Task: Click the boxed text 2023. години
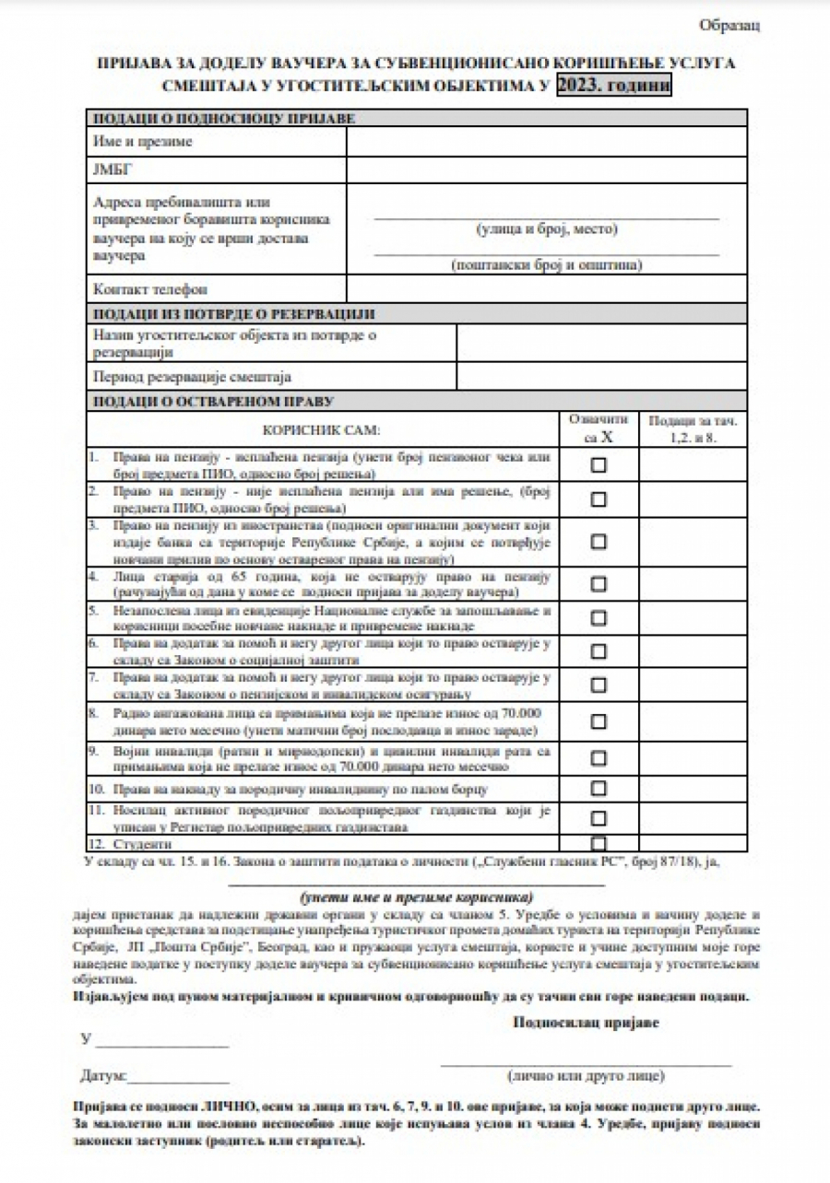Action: point(614,86)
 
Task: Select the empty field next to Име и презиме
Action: point(546,142)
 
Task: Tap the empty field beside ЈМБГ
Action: point(546,171)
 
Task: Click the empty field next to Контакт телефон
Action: point(546,288)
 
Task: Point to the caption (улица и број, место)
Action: point(546,229)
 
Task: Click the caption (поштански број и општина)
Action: point(546,265)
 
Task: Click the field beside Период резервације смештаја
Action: point(601,376)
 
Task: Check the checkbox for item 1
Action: point(599,465)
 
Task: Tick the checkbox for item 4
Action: point(599,584)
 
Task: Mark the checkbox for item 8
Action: point(599,723)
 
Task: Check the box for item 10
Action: point(599,789)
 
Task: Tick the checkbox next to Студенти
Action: point(599,843)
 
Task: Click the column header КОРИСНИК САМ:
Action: point(321,430)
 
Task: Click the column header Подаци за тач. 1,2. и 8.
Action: point(693,429)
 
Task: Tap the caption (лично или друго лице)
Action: point(586,1076)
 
